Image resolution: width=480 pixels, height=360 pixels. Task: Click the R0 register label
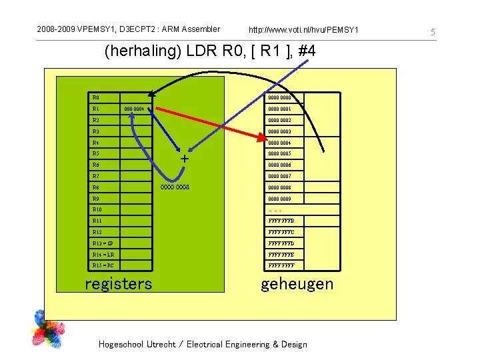(x=96, y=97)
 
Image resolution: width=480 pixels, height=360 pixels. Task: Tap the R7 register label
(x=96, y=176)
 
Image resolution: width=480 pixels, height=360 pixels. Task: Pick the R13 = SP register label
(x=103, y=243)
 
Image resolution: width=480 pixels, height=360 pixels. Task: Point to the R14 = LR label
(x=103, y=255)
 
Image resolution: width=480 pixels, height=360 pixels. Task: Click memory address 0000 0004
(x=279, y=143)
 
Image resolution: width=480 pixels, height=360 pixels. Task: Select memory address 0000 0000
(x=279, y=97)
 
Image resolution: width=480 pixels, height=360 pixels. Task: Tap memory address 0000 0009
(x=279, y=199)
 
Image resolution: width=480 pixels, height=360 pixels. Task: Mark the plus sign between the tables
(x=185, y=159)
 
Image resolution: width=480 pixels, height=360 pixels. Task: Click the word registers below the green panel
(x=119, y=284)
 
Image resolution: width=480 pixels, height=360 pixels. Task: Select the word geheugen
(x=297, y=284)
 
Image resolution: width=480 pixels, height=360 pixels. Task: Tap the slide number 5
(x=432, y=32)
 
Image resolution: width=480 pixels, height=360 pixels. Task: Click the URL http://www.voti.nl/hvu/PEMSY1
(x=303, y=30)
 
